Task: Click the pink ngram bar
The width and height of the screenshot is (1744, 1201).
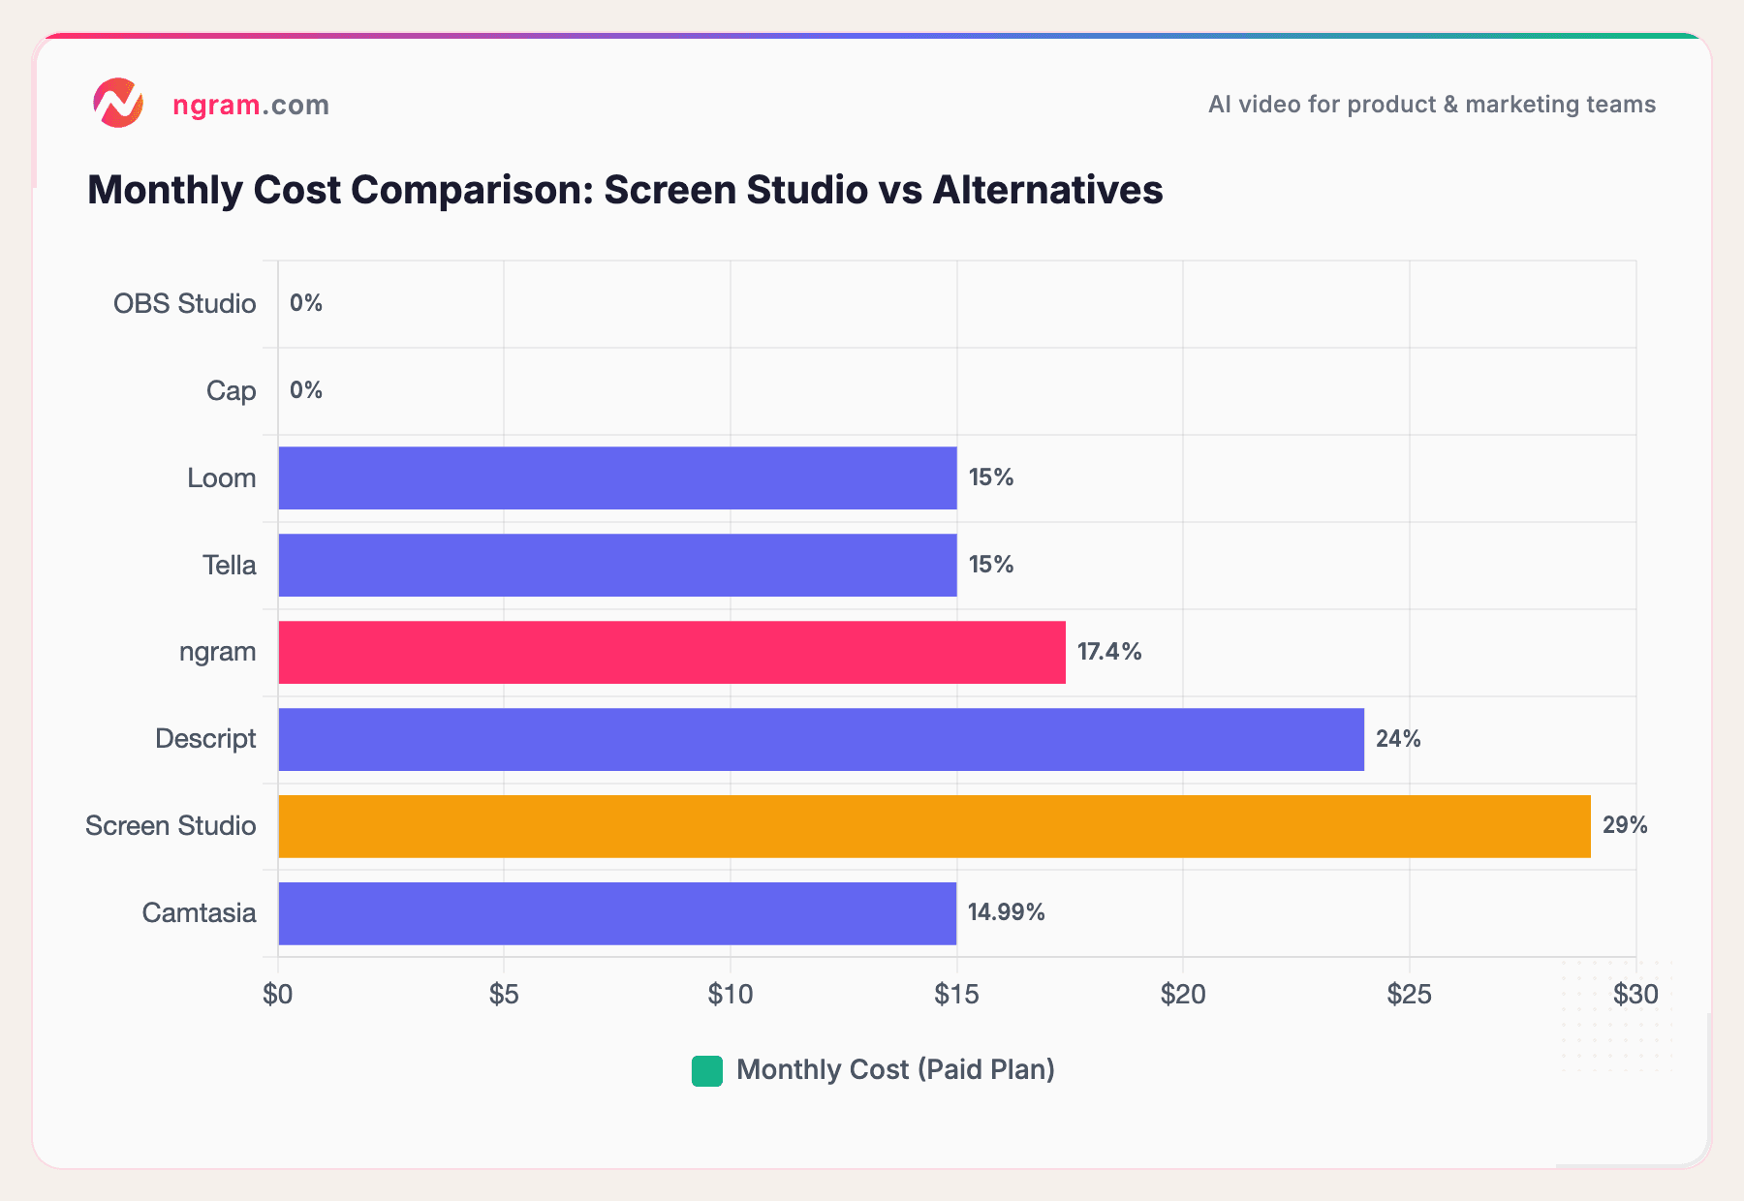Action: (x=671, y=652)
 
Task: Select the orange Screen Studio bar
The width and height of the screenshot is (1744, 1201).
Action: (x=934, y=826)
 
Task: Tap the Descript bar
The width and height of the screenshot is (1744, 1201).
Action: (x=821, y=739)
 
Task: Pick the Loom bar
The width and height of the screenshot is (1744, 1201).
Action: (x=617, y=477)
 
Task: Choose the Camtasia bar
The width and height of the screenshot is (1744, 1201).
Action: (x=617, y=913)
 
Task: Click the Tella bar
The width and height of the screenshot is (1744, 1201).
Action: (x=617, y=565)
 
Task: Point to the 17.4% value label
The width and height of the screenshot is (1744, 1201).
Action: (x=1109, y=652)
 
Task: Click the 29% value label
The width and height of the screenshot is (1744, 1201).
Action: (x=1625, y=825)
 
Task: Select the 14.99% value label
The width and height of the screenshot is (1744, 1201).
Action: (x=1006, y=912)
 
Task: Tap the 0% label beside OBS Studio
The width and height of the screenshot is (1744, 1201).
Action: (x=306, y=303)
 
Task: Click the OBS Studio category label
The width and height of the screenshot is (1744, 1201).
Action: (x=184, y=303)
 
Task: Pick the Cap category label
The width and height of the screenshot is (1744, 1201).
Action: (x=231, y=390)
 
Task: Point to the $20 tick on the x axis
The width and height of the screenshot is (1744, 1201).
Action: (x=1183, y=994)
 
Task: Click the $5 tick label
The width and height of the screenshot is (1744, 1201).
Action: (x=504, y=994)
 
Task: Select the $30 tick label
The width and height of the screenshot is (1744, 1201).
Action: (x=1635, y=994)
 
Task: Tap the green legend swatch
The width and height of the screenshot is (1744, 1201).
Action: (x=707, y=1070)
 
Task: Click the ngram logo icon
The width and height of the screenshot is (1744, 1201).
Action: (x=118, y=103)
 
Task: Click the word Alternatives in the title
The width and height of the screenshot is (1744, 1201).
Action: (x=1047, y=190)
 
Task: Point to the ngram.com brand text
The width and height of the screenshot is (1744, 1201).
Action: (x=251, y=105)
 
